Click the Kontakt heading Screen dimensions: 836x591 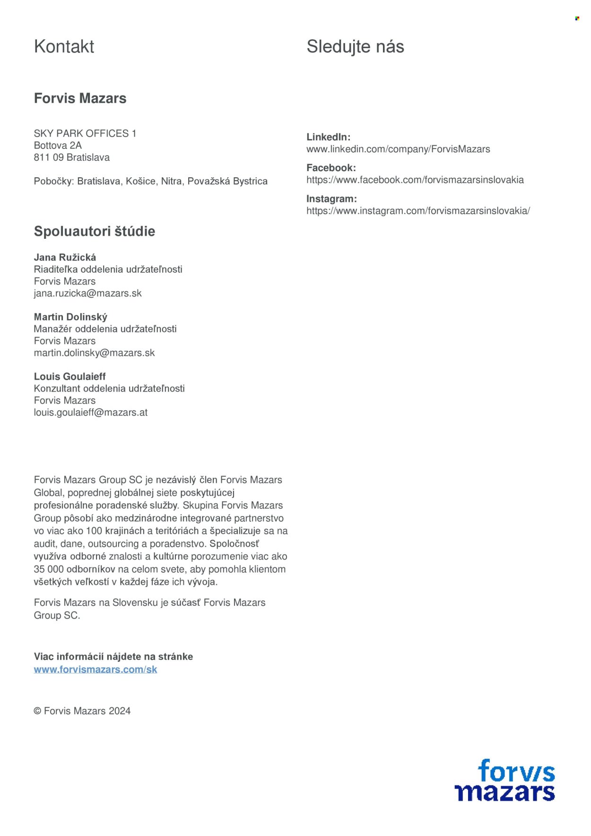click(64, 47)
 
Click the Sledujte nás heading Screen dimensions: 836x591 click(355, 47)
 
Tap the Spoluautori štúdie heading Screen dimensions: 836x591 click(95, 231)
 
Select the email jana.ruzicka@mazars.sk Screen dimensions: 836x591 click(87, 293)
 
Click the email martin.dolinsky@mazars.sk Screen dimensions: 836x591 click(94, 353)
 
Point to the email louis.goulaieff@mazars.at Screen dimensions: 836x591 click(90, 412)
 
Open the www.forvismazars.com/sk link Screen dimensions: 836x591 click(95, 669)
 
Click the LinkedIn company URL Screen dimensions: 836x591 click(398, 149)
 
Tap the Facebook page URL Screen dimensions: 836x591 click(415, 180)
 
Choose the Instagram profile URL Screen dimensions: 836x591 click(418, 211)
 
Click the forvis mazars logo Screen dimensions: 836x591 click(504, 780)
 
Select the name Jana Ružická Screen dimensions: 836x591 click(65, 257)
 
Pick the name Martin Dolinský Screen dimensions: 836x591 click(70, 317)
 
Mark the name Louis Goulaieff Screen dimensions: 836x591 click(70, 376)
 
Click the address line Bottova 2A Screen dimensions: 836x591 click(58, 145)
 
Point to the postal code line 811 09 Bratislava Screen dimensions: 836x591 click(71, 157)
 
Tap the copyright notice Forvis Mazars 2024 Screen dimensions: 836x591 click(82, 711)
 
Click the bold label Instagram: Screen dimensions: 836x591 click(331, 199)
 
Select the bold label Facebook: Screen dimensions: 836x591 click(331, 168)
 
